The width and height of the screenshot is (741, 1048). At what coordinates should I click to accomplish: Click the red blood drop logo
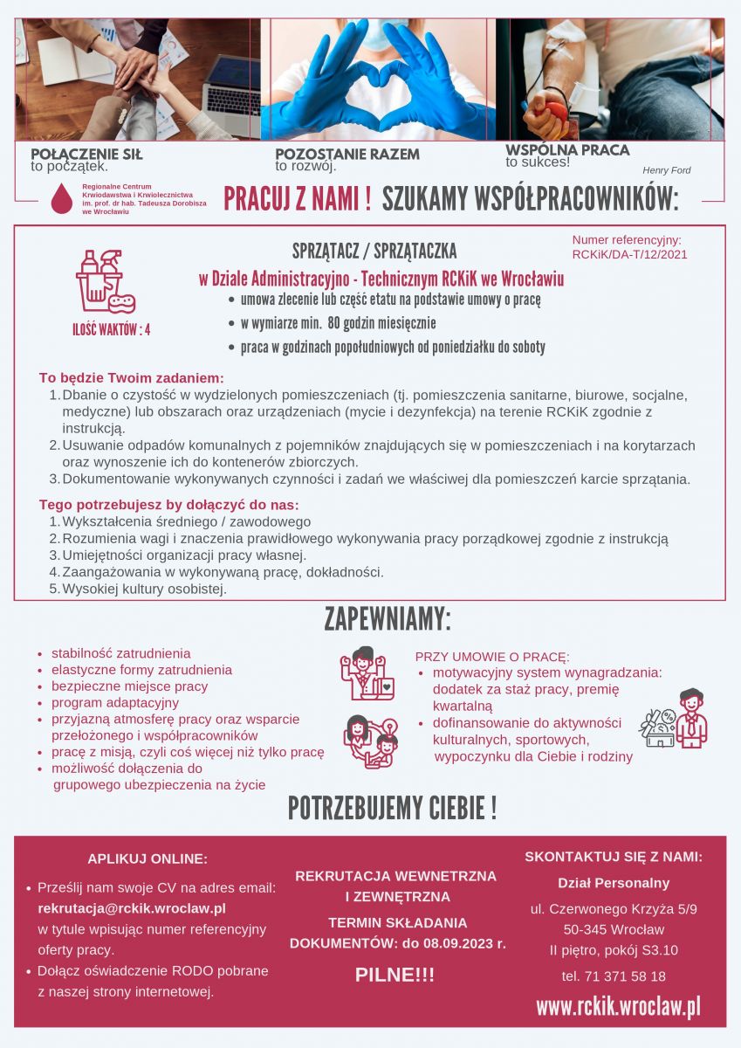(x=61, y=199)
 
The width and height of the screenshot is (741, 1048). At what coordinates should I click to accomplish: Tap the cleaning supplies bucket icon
(x=105, y=281)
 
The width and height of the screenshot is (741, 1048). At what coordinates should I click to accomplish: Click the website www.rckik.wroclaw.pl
(x=618, y=1007)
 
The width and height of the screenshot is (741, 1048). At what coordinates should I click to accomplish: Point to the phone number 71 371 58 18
(x=613, y=976)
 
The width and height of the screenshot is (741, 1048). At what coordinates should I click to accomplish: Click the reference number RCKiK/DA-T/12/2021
(x=629, y=255)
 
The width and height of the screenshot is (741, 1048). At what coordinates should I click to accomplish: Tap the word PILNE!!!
(x=395, y=976)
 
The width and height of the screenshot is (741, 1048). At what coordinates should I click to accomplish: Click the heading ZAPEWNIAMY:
(x=388, y=619)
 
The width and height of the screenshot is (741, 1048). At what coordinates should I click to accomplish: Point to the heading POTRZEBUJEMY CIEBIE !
(x=392, y=809)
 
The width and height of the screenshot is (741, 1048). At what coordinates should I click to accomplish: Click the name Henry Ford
(x=666, y=170)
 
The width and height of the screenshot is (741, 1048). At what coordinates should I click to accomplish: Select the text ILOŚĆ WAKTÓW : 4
(x=111, y=329)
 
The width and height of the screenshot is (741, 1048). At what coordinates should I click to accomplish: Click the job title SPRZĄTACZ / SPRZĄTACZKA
(x=374, y=252)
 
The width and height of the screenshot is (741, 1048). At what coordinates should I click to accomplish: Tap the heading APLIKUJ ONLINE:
(x=148, y=858)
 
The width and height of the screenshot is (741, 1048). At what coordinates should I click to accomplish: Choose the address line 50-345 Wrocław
(x=613, y=929)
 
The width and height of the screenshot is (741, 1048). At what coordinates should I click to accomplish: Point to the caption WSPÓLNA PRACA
(x=567, y=150)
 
